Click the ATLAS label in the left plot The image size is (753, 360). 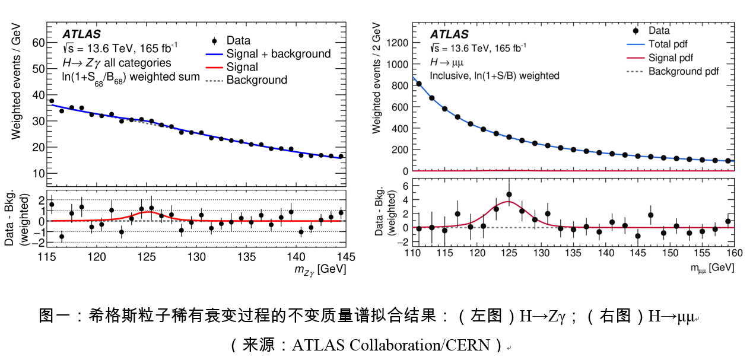pos(81,34)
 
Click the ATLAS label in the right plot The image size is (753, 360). pos(449,34)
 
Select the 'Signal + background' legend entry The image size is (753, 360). pos(278,54)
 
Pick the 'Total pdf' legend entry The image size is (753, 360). pos(668,44)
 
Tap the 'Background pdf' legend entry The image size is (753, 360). pos(684,71)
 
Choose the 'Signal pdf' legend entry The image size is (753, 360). pos(671,58)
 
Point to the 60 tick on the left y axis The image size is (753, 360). pos(39,43)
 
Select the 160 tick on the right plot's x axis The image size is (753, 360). pos(733,252)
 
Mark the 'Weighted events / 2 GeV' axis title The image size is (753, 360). pos(377,77)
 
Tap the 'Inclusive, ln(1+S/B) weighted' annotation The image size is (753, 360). pos(494,75)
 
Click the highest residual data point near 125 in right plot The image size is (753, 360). pos(509,195)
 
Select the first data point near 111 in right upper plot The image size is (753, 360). pos(419,84)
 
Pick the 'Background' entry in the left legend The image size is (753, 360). pos(256,80)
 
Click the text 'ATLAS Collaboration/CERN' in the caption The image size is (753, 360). pos(391,345)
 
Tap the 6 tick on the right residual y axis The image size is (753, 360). pos(406,186)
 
